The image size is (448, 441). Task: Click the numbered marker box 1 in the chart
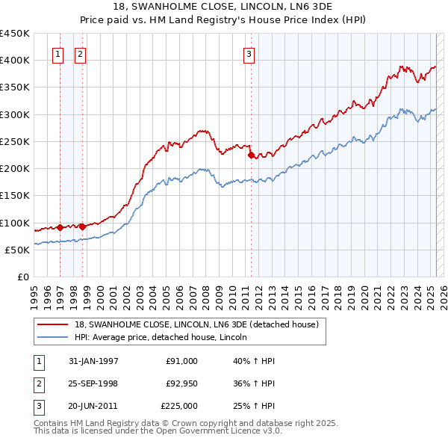tap(58, 53)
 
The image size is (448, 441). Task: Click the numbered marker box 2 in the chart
tap(80, 53)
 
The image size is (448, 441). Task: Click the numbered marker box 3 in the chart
tap(249, 53)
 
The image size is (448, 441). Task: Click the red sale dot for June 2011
tap(251, 155)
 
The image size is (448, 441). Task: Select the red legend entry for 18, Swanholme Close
tap(196, 324)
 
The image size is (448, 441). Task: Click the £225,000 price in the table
tap(179, 406)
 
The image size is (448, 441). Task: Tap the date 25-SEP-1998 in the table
tap(93, 383)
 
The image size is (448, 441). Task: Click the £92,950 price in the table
tap(181, 383)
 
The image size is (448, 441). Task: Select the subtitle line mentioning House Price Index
tap(224, 20)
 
